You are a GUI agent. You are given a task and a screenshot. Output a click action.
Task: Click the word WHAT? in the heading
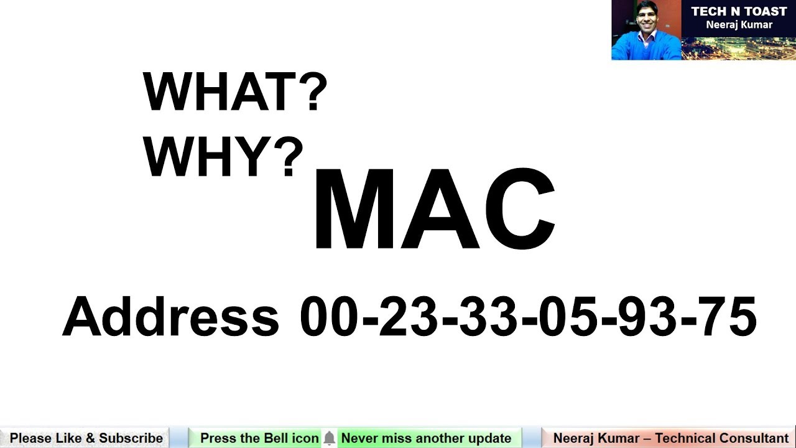point(235,93)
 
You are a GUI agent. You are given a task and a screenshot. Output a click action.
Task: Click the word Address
point(171,317)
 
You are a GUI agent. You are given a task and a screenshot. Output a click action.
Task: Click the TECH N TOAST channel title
point(739,12)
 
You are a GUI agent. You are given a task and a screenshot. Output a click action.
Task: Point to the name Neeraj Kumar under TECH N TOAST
point(739,25)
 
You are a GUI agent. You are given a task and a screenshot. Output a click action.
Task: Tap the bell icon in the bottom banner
point(329,439)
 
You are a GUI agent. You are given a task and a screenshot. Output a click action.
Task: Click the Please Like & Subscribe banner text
point(86,438)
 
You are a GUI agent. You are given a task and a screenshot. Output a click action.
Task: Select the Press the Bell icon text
point(259,438)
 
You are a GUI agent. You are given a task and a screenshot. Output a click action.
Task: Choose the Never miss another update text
point(426,438)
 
